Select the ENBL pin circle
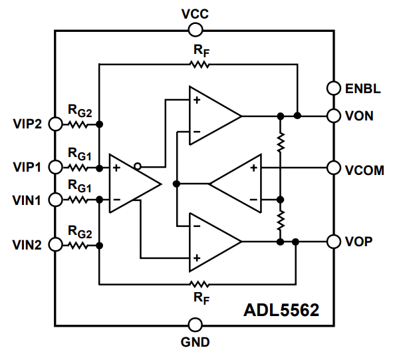coord(333,88)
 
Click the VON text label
coord(360,116)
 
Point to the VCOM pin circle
coord(333,169)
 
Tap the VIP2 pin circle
coord(55,124)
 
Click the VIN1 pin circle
coord(55,199)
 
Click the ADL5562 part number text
coord(281,310)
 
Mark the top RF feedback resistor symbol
coord(200,65)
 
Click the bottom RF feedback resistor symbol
coord(200,283)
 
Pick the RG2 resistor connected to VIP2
coord(78,124)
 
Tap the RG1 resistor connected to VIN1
coord(78,199)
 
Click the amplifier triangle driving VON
coord(211,116)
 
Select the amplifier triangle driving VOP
coord(211,242)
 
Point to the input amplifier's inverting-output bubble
coord(137,166)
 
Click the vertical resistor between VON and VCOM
coord(281,141)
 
